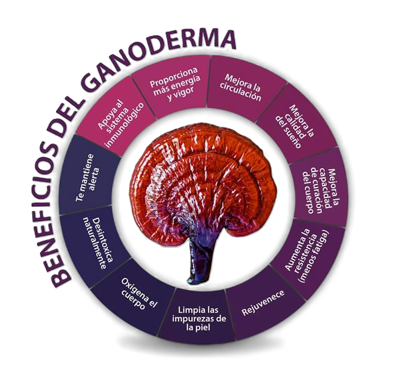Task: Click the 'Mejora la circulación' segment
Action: (240, 88)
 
